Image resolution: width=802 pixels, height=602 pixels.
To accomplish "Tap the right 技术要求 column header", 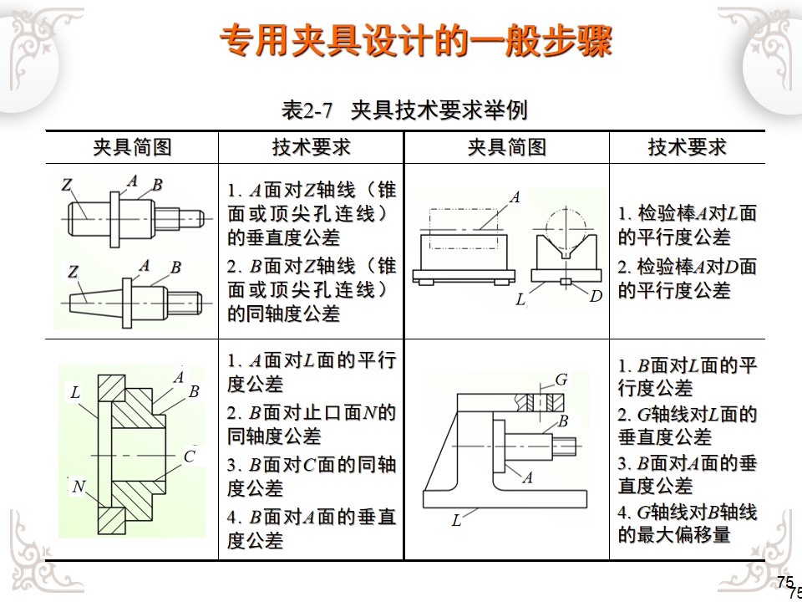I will [687, 148].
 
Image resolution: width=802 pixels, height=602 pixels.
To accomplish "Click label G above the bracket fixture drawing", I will [561, 380].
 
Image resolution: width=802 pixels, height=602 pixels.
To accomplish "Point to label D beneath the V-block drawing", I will [596, 297].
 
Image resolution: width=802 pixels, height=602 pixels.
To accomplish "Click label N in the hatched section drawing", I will [79, 486].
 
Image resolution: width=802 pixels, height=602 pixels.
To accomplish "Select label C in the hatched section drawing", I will [190, 456].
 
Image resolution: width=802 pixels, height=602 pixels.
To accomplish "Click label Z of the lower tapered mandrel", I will [74, 271].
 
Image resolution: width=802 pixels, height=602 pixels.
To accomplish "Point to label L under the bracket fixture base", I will [456, 521].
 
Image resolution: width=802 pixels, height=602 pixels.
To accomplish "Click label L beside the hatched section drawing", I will [76, 392].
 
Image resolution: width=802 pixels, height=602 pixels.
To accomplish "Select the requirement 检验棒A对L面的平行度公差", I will [687, 225].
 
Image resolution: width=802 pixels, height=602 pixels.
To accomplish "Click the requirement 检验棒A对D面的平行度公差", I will [687, 278].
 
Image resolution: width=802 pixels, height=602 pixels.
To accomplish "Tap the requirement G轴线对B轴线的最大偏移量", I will [687, 523].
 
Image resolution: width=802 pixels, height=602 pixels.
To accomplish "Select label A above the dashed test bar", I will [515, 197].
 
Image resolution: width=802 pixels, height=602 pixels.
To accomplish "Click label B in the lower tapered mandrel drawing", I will [175, 268].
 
